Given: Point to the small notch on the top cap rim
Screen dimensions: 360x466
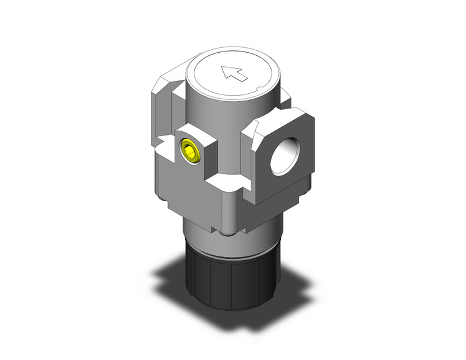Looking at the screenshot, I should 262,91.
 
